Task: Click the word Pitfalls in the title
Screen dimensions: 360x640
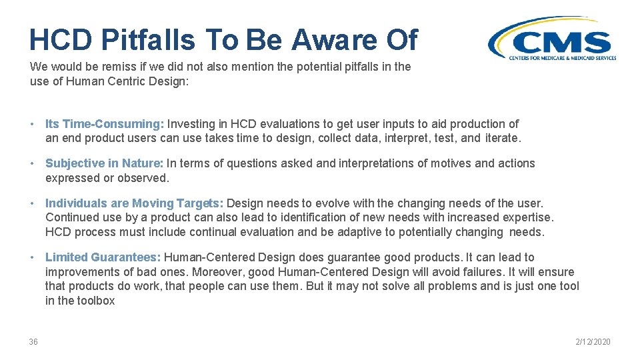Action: point(148,41)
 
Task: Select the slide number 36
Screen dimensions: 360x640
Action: point(33,342)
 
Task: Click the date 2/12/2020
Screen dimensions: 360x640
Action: point(593,342)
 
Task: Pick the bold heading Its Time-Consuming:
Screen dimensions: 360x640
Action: point(104,124)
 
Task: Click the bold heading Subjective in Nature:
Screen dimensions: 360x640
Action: point(104,163)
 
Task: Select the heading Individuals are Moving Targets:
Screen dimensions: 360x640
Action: point(134,203)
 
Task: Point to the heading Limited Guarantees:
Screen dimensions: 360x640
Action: point(103,257)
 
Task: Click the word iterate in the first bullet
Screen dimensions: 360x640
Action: point(501,139)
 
